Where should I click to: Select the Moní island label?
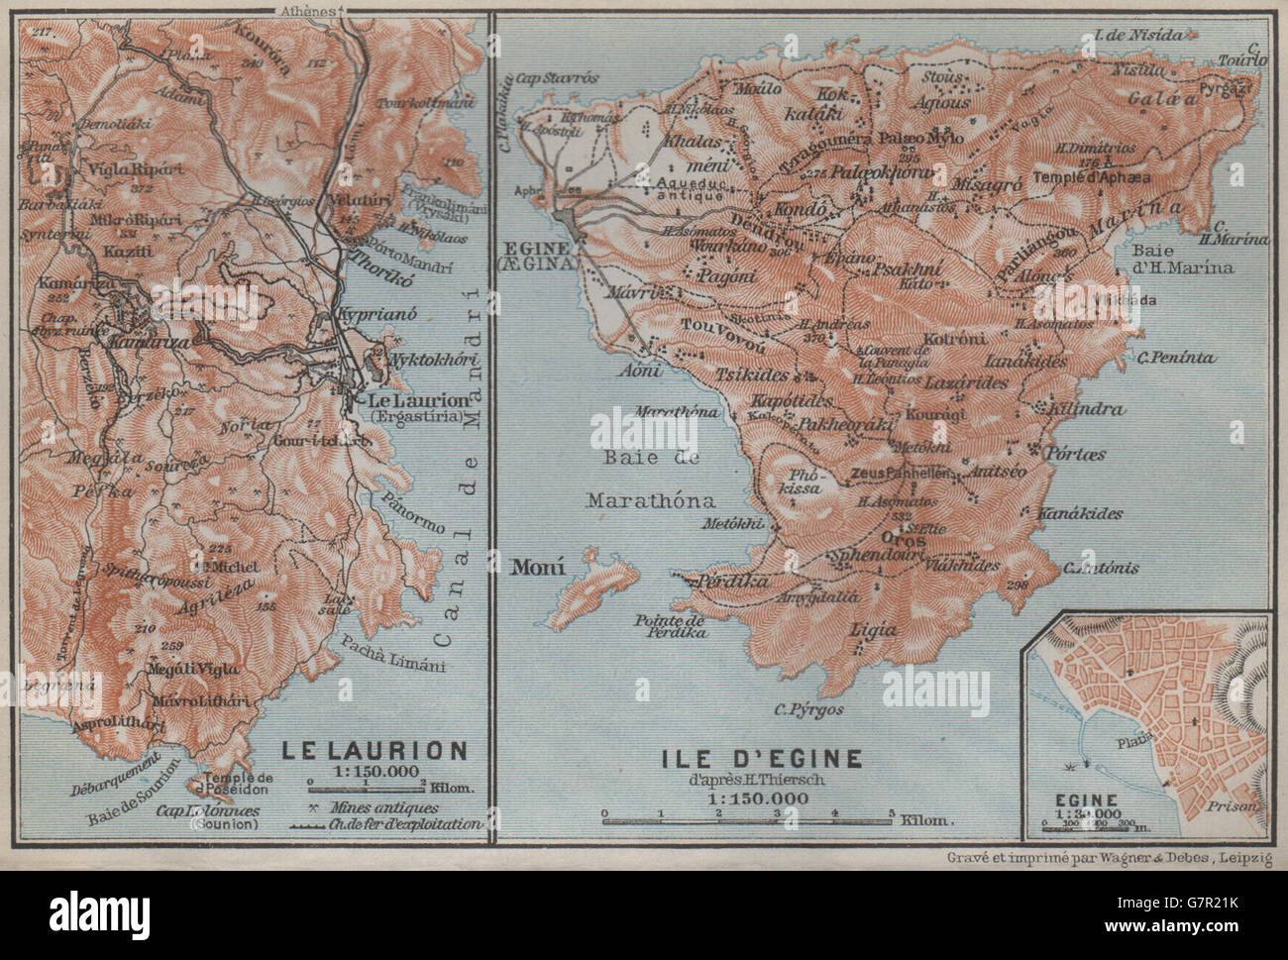538,568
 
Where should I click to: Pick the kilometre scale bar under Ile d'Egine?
749,819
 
